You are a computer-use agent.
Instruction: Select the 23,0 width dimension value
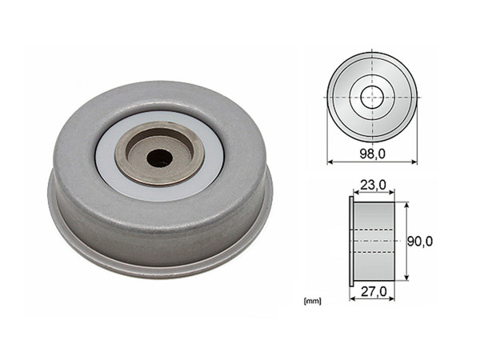click(x=373, y=186)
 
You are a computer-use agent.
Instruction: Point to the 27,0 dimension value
click(x=374, y=291)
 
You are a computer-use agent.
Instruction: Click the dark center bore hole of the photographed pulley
click(x=159, y=158)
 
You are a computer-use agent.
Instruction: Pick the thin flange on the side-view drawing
click(x=351, y=241)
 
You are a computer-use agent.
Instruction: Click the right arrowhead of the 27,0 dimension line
click(x=396, y=300)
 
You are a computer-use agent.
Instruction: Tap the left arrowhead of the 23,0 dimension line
click(x=354, y=194)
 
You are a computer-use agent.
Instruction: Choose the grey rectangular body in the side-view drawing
click(x=375, y=241)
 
